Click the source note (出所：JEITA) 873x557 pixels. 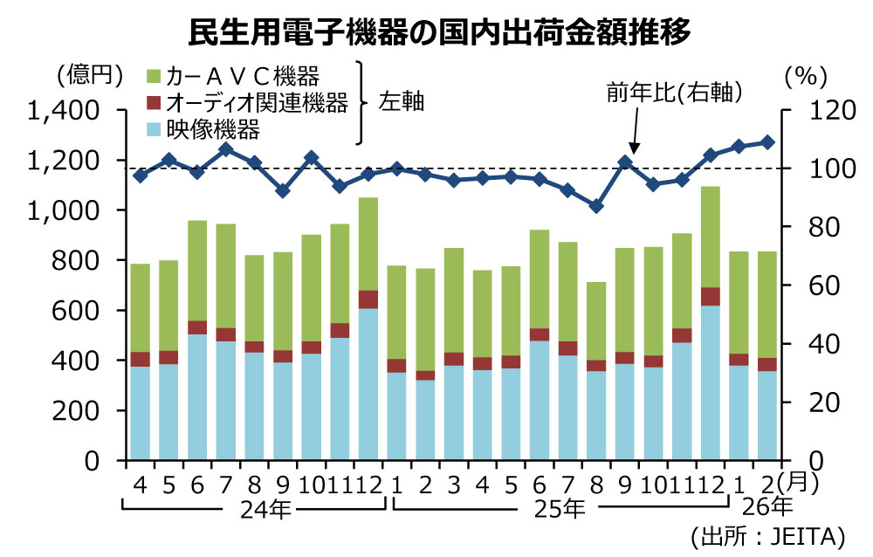[767, 534]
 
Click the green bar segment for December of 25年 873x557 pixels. [711, 237]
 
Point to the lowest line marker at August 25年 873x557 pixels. [596, 206]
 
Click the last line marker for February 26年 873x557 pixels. [767, 142]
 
